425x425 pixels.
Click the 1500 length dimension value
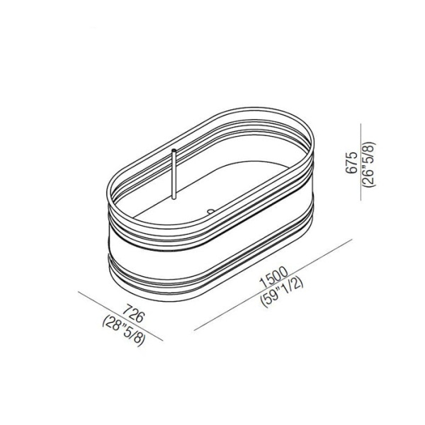point(273,277)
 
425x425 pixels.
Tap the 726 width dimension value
point(133,314)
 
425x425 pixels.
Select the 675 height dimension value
point(352,163)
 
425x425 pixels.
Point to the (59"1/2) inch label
point(282,293)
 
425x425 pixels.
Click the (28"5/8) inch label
point(124,331)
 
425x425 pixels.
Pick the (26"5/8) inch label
point(370,164)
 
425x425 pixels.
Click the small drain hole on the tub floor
point(210,210)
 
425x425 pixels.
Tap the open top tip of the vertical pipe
point(174,149)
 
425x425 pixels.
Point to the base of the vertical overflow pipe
point(174,198)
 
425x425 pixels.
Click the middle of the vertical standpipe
point(174,174)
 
